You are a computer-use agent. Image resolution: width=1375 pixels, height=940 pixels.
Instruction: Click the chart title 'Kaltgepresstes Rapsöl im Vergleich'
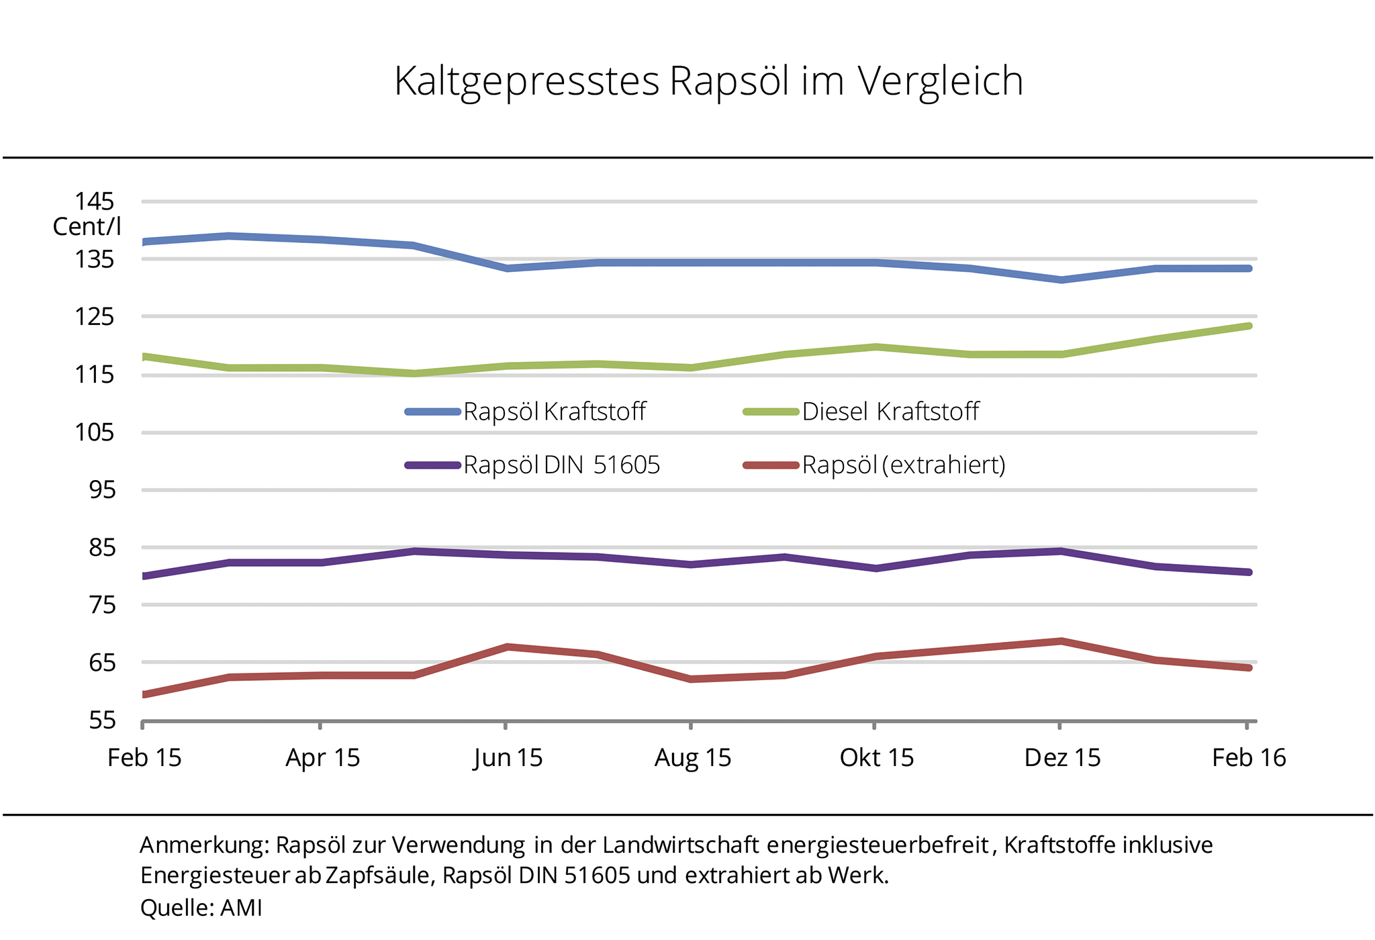(x=708, y=81)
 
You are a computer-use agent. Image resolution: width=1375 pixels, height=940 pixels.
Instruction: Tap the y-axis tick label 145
(x=94, y=201)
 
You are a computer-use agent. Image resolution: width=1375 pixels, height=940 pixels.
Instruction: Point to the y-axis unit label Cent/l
(x=87, y=227)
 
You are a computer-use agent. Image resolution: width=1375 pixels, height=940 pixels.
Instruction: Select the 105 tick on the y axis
(x=94, y=432)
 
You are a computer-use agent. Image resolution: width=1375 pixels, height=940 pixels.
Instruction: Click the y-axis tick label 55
(x=102, y=720)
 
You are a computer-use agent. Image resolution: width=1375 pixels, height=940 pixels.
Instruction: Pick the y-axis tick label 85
(x=102, y=547)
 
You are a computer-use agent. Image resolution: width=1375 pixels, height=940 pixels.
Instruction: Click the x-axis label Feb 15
(x=144, y=758)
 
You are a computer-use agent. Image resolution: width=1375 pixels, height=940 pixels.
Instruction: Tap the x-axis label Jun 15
(x=508, y=758)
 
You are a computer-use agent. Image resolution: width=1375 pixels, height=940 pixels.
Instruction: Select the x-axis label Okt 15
(x=877, y=758)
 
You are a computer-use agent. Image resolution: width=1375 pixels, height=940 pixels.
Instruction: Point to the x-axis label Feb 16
(x=1249, y=758)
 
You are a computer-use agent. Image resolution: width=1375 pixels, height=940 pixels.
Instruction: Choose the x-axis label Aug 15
(x=693, y=758)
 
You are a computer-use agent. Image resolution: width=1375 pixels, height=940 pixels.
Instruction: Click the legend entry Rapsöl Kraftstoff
(x=554, y=412)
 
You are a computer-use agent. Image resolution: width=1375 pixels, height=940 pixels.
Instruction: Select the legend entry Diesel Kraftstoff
(x=890, y=412)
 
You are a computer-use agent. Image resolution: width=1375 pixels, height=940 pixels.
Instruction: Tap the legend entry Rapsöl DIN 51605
(x=561, y=465)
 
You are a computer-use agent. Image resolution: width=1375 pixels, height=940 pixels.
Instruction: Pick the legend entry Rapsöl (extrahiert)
(x=904, y=465)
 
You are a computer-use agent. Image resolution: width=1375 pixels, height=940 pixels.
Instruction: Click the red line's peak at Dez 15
(x=1061, y=641)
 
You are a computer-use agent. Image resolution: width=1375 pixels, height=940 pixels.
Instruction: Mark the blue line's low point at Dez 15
(x=1061, y=280)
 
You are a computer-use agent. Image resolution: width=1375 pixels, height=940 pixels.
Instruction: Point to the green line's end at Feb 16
(x=1249, y=326)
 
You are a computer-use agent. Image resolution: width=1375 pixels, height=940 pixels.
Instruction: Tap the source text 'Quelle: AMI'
(x=201, y=908)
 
